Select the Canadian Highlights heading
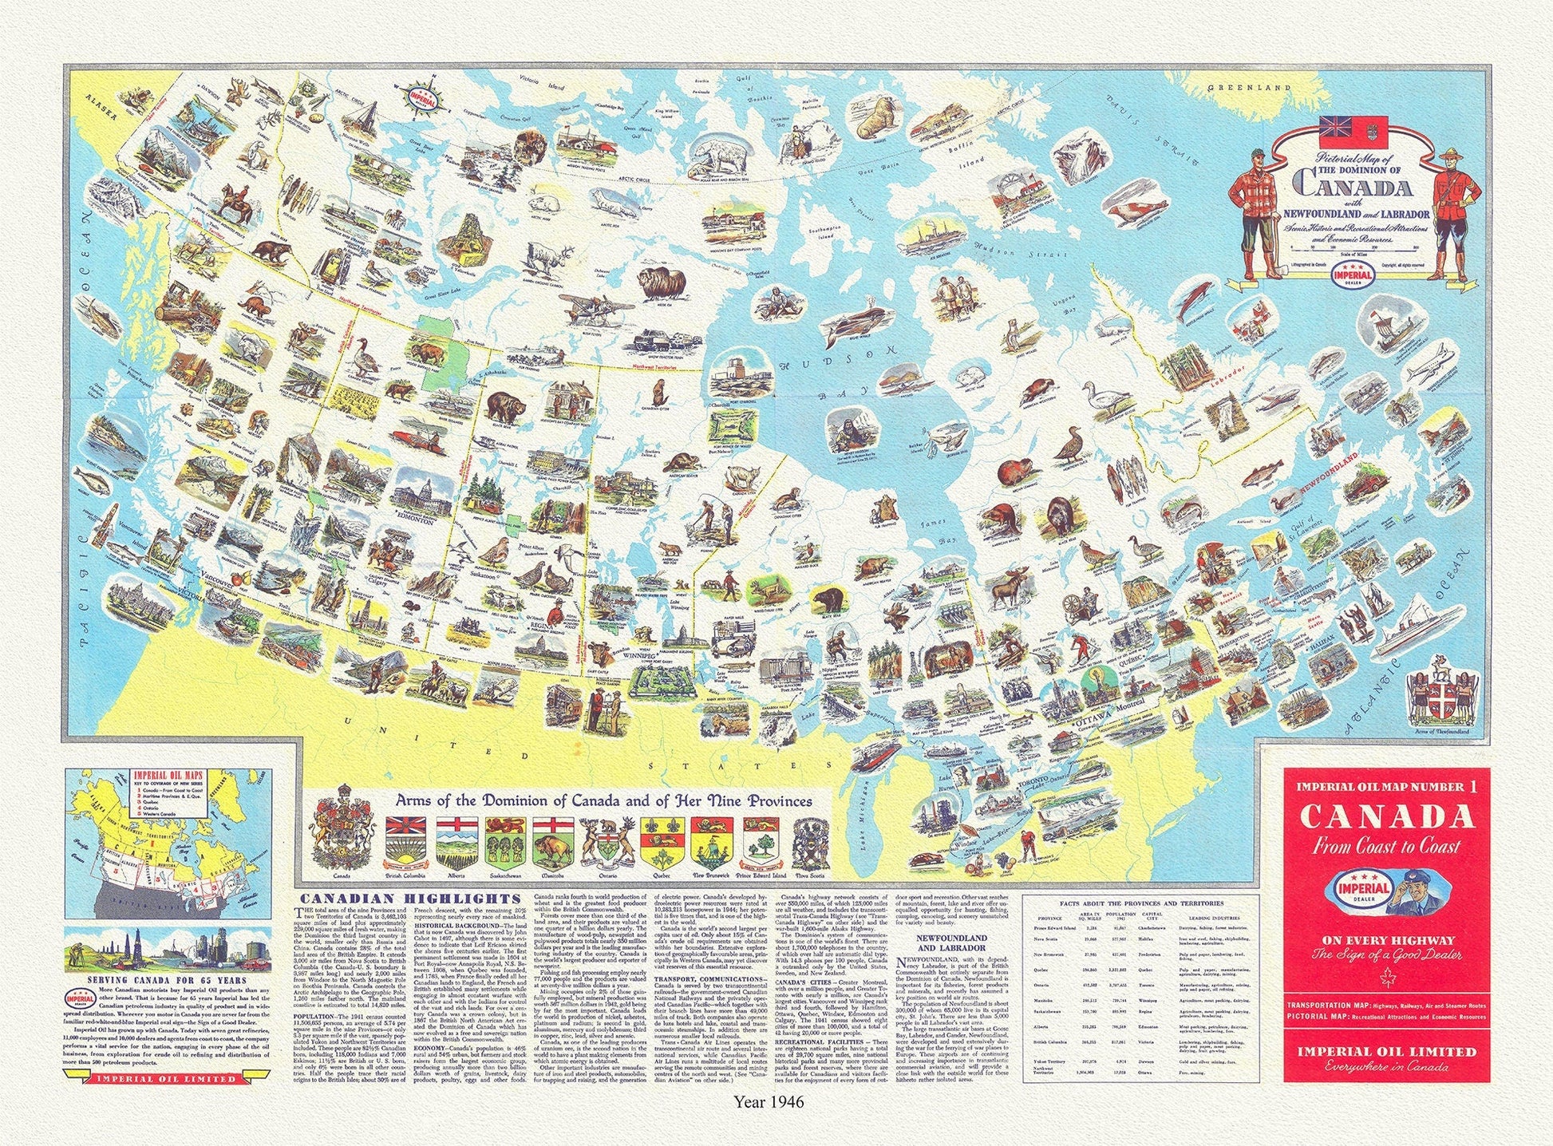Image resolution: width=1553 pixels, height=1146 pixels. click(383, 898)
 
